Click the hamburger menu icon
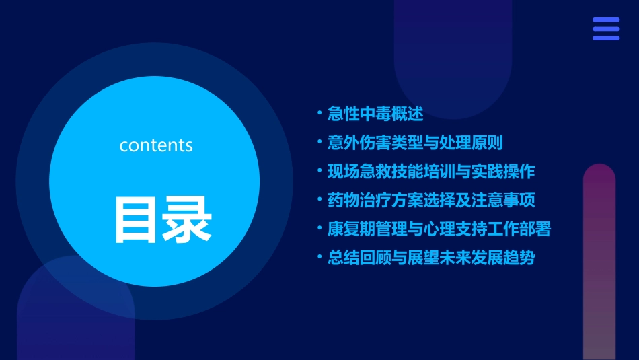606,29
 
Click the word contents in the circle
156,145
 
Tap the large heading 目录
163,220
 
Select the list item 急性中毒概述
375,114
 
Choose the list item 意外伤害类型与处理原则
415,143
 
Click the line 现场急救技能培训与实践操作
431,171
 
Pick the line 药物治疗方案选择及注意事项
431,200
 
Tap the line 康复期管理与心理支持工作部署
439,229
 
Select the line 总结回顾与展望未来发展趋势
431,258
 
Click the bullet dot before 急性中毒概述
319,113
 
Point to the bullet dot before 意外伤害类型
319,142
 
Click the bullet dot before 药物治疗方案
319,199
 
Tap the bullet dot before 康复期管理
319,228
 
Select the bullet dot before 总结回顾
319,257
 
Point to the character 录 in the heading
190,220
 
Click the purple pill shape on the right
599,262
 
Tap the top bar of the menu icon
606,20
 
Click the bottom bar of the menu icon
606,38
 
